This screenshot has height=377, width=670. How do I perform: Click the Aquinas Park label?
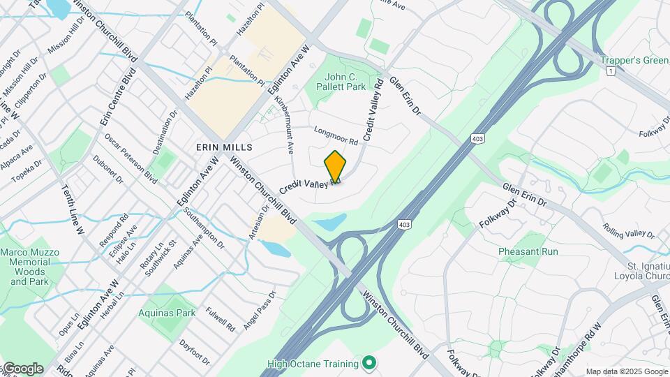tap(167, 313)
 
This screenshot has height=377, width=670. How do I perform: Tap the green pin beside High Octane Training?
tap(370, 363)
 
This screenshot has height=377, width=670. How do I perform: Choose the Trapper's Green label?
tap(634, 60)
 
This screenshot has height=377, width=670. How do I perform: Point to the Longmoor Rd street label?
tap(336, 135)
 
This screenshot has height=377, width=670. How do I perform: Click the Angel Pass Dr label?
tap(260, 311)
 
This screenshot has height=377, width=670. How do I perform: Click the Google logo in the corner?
tap(22, 369)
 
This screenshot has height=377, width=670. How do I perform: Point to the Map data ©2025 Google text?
tap(626, 371)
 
